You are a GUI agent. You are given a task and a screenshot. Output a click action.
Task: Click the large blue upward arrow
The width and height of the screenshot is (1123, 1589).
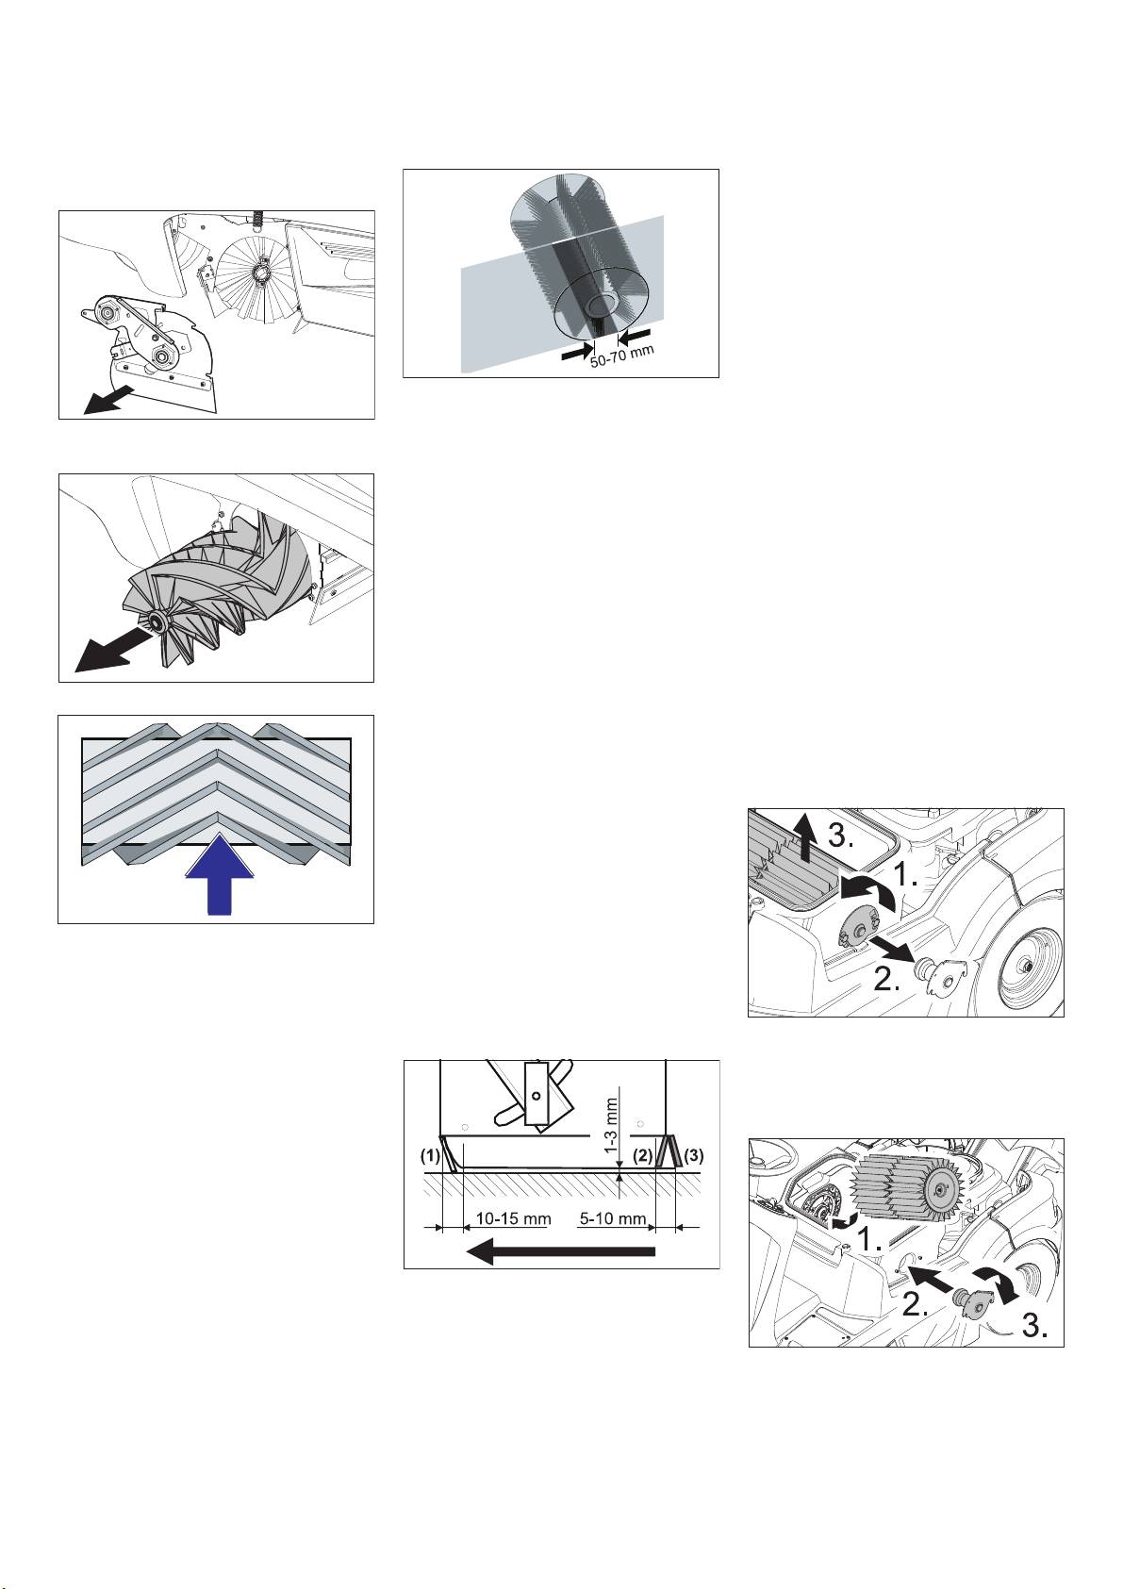[x=219, y=875]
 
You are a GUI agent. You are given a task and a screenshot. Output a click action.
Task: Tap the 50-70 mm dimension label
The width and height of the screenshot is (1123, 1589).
[x=622, y=355]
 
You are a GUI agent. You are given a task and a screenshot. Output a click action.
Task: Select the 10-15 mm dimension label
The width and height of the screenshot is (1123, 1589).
[x=513, y=1218]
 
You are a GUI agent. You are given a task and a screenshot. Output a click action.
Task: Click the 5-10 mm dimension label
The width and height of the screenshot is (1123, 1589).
[x=612, y=1218]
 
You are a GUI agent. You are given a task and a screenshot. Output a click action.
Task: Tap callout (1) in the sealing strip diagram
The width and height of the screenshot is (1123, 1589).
[x=430, y=1155]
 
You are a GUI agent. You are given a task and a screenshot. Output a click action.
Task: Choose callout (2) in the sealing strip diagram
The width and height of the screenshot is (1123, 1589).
[x=642, y=1155]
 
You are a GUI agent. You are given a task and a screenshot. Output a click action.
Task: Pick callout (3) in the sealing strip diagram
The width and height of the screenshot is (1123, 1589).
[x=694, y=1155]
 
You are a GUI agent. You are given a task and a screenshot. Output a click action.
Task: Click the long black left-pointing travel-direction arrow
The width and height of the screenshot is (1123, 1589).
[x=560, y=1250]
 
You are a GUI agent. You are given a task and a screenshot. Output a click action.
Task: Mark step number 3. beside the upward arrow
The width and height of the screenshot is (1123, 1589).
[x=841, y=837]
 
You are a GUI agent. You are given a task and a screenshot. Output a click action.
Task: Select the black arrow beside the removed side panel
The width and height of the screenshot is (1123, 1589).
[x=110, y=398]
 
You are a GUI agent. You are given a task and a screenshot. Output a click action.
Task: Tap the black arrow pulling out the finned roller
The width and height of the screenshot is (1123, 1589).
[x=113, y=645]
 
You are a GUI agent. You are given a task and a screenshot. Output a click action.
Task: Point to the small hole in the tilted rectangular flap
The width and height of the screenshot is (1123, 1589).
[x=537, y=1095]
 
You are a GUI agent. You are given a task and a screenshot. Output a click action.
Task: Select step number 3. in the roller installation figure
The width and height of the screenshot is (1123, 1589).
[x=1034, y=1325]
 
